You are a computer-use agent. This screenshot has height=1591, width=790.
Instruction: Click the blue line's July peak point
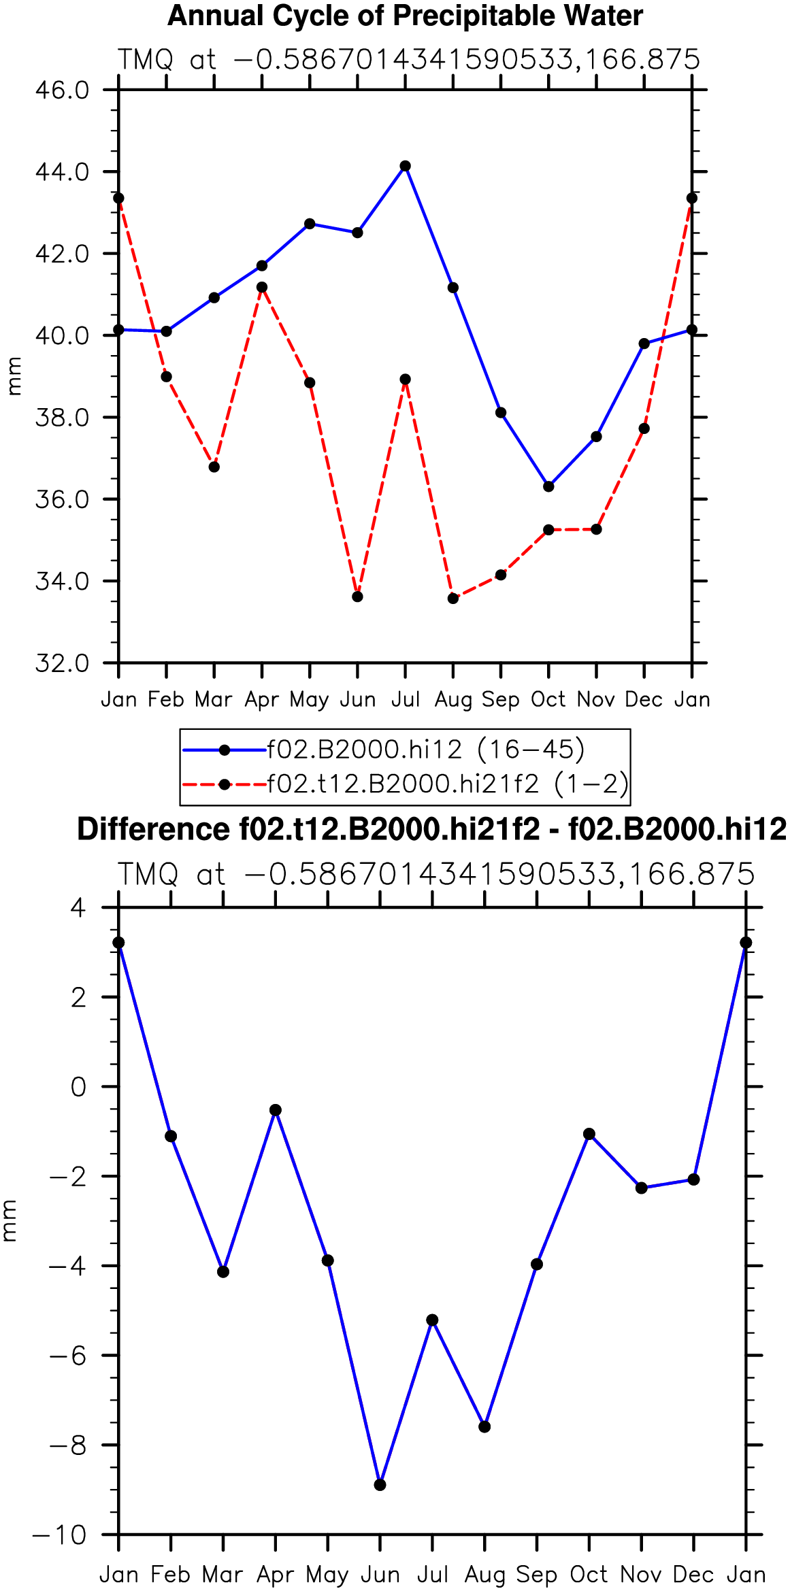(x=406, y=166)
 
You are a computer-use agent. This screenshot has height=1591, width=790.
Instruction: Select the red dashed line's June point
(x=358, y=597)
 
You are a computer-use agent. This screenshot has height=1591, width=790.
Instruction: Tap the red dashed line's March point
(x=214, y=467)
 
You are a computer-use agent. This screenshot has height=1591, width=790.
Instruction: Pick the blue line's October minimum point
(x=548, y=486)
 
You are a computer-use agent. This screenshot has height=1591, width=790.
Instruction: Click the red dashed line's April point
(x=262, y=287)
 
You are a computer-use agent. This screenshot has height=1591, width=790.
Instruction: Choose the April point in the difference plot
(x=276, y=1110)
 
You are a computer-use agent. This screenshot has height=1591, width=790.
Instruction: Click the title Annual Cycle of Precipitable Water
(x=406, y=16)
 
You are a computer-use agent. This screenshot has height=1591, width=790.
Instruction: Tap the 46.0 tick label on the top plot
(x=63, y=90)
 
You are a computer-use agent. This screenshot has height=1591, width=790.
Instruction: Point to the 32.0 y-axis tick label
(x=63, y=663)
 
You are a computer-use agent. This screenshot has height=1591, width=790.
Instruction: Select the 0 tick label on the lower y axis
(x=79, y=1086)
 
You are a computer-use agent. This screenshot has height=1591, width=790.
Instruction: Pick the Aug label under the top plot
(x=453, y=700)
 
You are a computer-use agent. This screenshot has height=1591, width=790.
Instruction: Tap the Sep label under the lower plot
(x=537, y=1575)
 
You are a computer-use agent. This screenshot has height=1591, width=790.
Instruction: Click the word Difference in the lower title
(x=153, y=829)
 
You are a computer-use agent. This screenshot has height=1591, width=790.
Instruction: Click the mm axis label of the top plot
(x=14, y=376)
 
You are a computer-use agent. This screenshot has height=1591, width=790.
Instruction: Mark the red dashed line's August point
(x=453, y=598)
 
